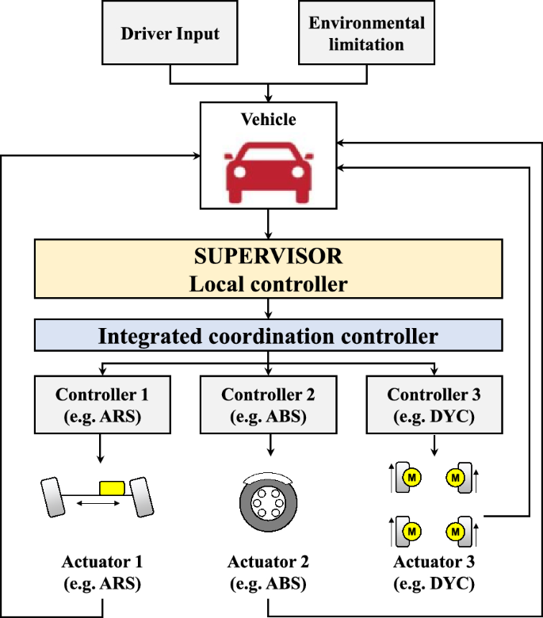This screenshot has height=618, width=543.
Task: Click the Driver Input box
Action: (x=170, y=32)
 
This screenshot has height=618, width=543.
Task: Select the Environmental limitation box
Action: (x=367, y=32)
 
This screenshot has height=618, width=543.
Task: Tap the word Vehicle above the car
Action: (x=269, y=120)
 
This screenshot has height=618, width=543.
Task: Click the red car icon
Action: (x=269, y=173)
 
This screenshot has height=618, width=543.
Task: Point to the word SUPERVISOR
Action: (x=268, y=256)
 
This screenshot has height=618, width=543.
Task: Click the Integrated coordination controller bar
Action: (x=269, y=335)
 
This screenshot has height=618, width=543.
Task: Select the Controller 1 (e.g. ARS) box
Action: (x=102, y=405)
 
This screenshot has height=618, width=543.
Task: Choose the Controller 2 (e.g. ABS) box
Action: (x=269, y=405)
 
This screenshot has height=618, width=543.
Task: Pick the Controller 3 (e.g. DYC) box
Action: (x=434, y=405)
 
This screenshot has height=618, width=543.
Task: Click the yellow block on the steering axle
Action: (x=112, y=488)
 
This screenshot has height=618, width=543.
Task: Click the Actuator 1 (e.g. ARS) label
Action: (x=102, y=573)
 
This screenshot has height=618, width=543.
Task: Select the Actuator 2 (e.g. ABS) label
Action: (x=268, y=573)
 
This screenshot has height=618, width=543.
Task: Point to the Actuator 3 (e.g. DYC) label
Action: (x=434, y=573)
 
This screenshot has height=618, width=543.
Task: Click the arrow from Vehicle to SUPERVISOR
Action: (x=269, y=224)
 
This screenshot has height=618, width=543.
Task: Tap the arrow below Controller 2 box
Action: (x=270, y=445)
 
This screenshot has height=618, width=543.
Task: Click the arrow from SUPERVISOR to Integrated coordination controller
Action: (x=269, y=309)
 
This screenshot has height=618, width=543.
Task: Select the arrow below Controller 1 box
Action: (x=100, y=448)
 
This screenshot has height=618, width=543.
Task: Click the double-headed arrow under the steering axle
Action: (x=98, y=503)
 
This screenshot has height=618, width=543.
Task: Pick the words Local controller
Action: (x=269, y=284)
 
